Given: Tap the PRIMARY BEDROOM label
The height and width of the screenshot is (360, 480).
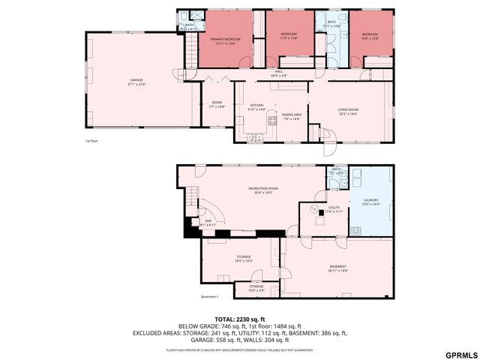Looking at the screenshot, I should coord(224,40).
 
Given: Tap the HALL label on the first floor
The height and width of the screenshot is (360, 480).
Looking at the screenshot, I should coord(278,73).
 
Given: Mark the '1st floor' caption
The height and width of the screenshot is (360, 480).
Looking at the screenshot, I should coord(91,140).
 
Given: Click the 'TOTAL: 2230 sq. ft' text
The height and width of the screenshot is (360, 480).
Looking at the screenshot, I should coord(240,319).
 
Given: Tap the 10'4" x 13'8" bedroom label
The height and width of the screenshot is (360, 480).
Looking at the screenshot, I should coord(370,36).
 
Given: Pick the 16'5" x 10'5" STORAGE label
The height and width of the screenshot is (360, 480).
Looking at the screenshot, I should coord(243,259).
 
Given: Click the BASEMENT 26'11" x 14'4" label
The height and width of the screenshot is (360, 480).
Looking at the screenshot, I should coord(338,268).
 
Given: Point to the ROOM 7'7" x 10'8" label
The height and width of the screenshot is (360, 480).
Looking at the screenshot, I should coord(217,105).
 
